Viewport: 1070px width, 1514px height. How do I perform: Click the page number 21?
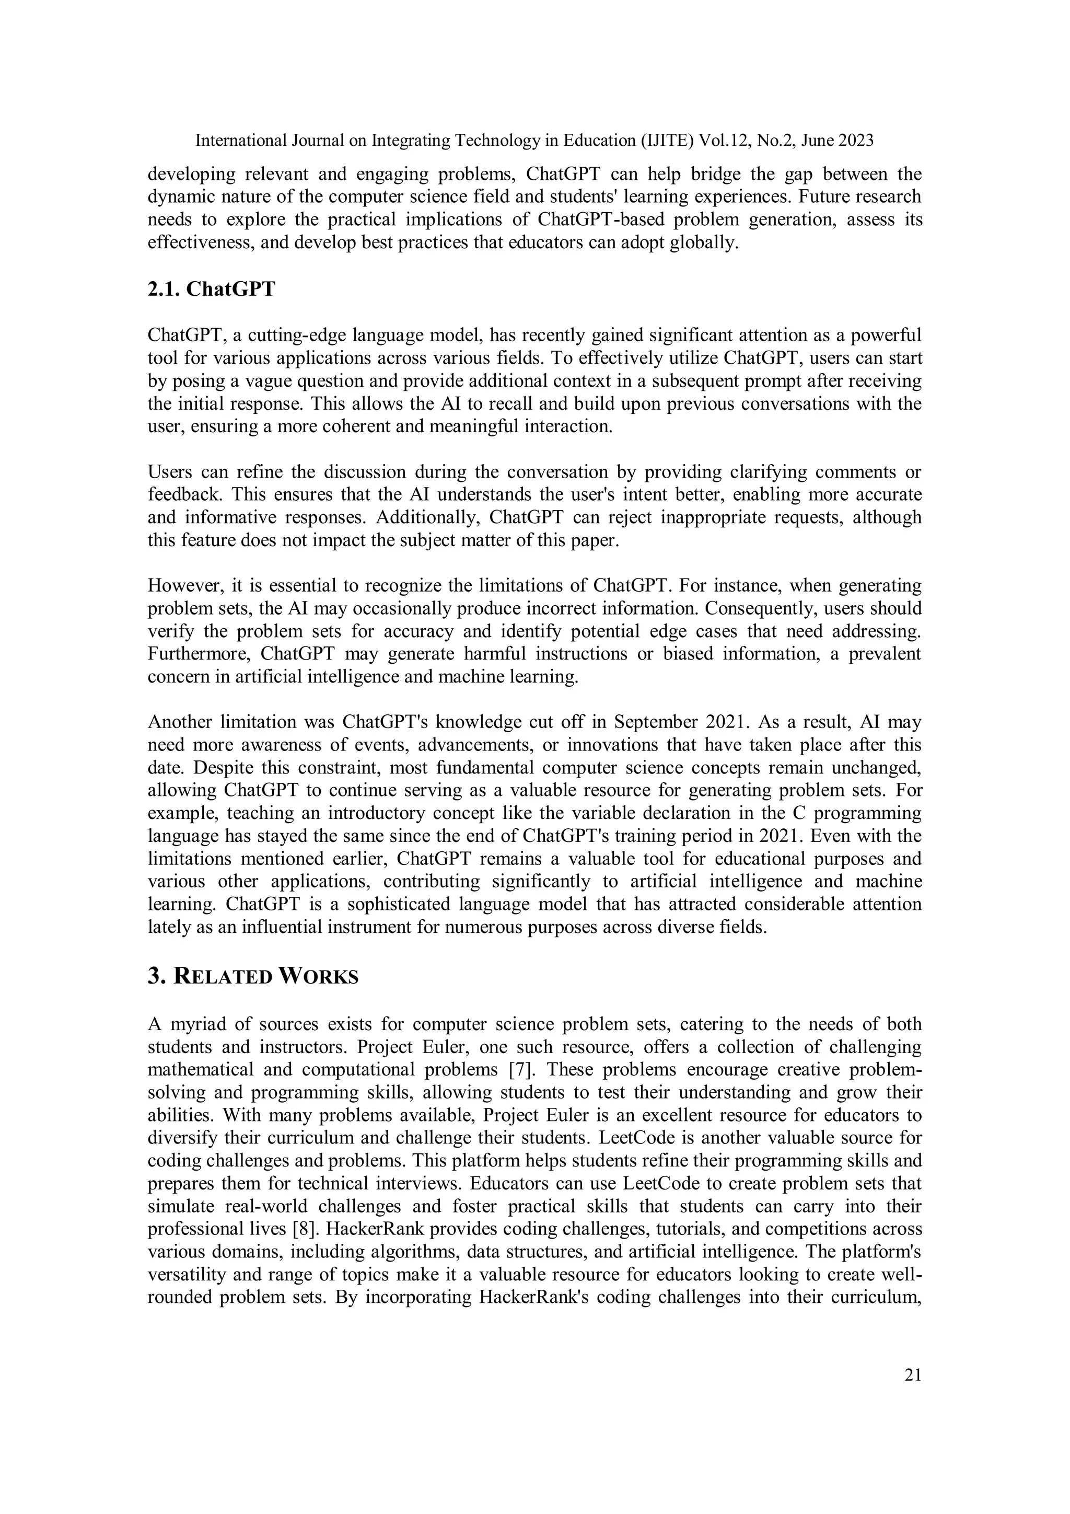pos(912,1375)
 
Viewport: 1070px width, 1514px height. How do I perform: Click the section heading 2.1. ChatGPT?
pos(211,289)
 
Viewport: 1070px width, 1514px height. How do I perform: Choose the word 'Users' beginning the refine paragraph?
pos(169,472)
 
